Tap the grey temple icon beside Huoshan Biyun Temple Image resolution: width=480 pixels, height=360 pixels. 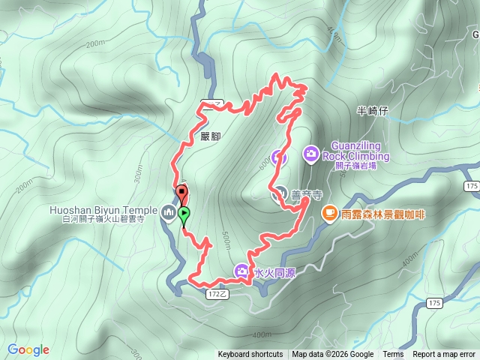click(167, 213)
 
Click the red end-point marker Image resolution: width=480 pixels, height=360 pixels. click(181, 193)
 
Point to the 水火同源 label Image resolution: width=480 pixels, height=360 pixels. click(274, 272)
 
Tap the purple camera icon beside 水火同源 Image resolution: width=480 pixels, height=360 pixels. click(242, 271)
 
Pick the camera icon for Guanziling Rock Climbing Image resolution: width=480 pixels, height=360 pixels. click(310, 154)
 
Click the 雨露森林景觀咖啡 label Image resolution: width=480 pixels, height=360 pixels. click(382, 214)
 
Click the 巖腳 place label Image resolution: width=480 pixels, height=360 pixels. click(211, 136)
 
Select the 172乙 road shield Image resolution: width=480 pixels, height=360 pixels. click(217, 295)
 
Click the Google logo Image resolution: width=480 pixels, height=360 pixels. click(28, 349)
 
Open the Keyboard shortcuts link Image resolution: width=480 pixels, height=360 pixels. click(250, 355)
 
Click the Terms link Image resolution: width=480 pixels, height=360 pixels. click(393, 355)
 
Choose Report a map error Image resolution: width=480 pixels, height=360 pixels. click(444, 355)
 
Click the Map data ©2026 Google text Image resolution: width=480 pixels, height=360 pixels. click(333, 355)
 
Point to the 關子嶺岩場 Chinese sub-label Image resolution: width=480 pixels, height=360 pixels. click(360, 166)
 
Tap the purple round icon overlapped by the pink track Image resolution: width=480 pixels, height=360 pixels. click(278, 157)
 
